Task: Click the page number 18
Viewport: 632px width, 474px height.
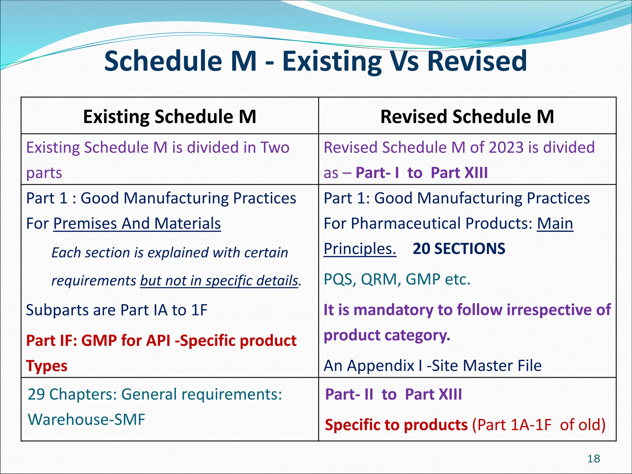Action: tap(593, 459)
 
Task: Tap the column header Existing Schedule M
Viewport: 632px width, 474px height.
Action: tap(169, 117)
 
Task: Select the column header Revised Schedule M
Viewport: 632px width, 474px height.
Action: tap(467, 117)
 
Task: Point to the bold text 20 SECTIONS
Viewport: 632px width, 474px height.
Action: tap(459, 249)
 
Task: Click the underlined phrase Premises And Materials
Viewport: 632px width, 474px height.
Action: tap(137, 223)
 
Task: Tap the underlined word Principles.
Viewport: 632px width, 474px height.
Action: tap(360, 249)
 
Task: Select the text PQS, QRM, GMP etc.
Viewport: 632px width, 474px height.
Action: tap(397, 279)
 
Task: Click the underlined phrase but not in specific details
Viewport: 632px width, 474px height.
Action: tap(219, 281)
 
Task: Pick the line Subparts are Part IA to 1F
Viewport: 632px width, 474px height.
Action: tap(117, 310)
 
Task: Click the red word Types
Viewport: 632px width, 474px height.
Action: tap(47, 366)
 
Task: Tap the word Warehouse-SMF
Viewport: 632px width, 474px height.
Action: tap(86, 420)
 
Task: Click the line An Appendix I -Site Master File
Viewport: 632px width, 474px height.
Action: tap(432, 366)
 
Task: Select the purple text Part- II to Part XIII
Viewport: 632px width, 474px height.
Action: tap(393, 394)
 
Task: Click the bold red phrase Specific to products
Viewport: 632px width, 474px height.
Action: tap(396, 425)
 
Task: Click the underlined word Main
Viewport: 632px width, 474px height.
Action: tap(555, 223)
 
